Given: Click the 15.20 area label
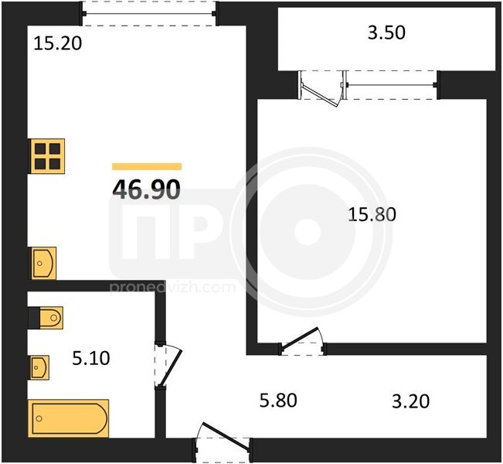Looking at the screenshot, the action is [x=58, y=43].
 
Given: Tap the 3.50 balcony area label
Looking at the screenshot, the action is [x=386, y=32].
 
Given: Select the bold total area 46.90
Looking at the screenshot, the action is [x=146, y=189].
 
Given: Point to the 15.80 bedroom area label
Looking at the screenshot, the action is [x=372, y=214].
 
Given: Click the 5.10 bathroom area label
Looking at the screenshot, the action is [x=91, y=358].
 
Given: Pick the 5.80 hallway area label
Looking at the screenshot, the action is [x=278, y=401].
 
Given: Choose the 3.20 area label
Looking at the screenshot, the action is [x=410, y=401].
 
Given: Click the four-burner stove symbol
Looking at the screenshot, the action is [x=47, y=156].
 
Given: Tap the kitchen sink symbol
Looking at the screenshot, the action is [x=42, y=263].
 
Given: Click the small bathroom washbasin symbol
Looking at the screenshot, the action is [x=39, y=367].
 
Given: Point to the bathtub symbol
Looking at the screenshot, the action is [x=69, y=418].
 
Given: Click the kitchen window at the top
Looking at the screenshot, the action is [x=149, y=13].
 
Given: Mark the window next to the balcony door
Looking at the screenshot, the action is [x=392, y=85].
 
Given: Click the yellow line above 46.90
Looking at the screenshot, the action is [x=147, y=166].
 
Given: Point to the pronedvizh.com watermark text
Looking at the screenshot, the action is [x=172, y=287].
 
